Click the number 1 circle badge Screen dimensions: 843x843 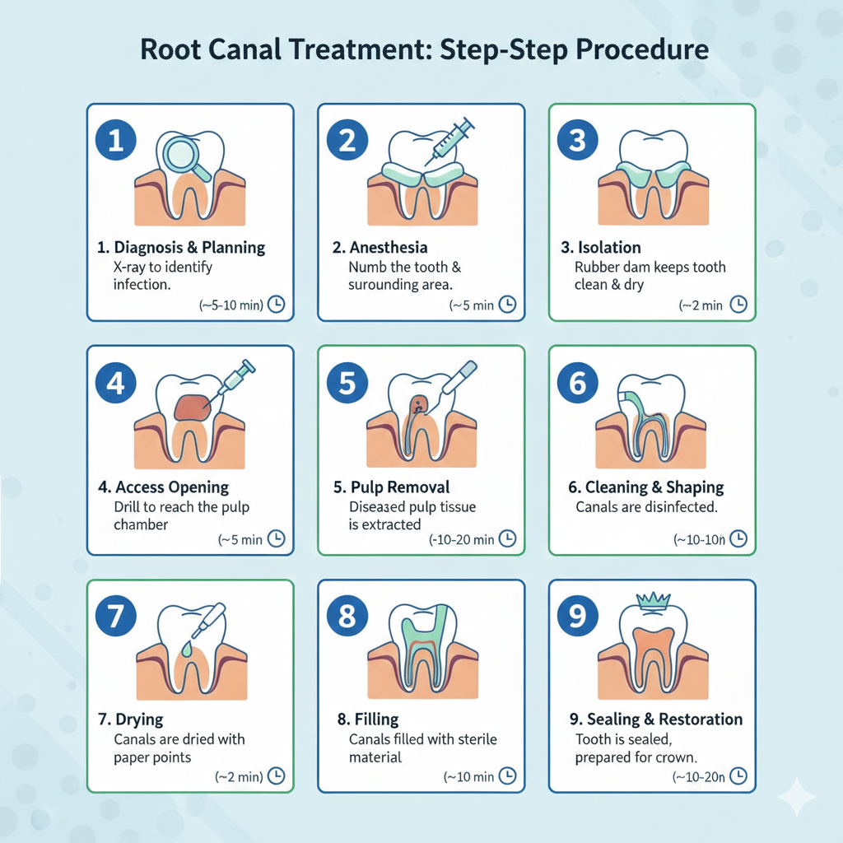tap(116, 141)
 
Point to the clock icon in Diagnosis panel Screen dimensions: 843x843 tap(277, 305)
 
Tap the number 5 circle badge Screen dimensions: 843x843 tap(347, 383)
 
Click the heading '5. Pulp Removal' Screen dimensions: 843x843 tap(391, 487)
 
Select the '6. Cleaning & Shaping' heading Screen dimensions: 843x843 tap(646, 487)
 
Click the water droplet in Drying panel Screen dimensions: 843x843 tap(191, 650)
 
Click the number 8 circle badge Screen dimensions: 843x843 tap(347, 617)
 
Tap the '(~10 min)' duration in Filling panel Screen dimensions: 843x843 tap(469, 776)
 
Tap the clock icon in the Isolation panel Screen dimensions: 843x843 tap(738, 305)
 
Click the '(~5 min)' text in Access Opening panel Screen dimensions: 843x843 tap(240, 540)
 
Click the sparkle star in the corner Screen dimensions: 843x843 tap(796, 796)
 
